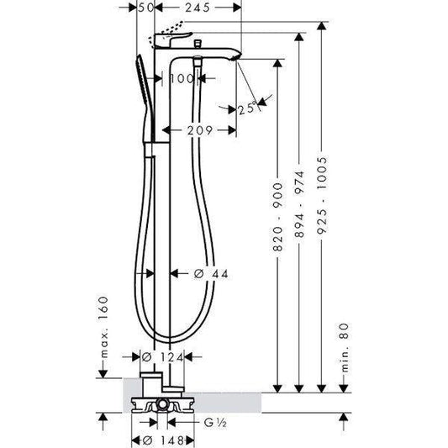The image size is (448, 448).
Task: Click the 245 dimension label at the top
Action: tap(198, 8)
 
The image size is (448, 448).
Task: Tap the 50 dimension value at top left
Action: tap(146, 8)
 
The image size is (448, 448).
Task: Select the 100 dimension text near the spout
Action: tap(182, 78)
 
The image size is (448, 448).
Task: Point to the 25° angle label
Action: tap(247, 108)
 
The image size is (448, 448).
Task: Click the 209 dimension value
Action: tap(200, 130)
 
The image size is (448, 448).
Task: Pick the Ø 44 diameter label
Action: tap(211, 274)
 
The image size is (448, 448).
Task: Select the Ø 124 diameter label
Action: tap(162, 357)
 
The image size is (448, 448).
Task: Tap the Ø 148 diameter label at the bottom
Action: tap(163, 440)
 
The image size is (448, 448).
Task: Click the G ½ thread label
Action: tap(215, 423)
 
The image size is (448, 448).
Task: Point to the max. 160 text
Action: tap(103, 327)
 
